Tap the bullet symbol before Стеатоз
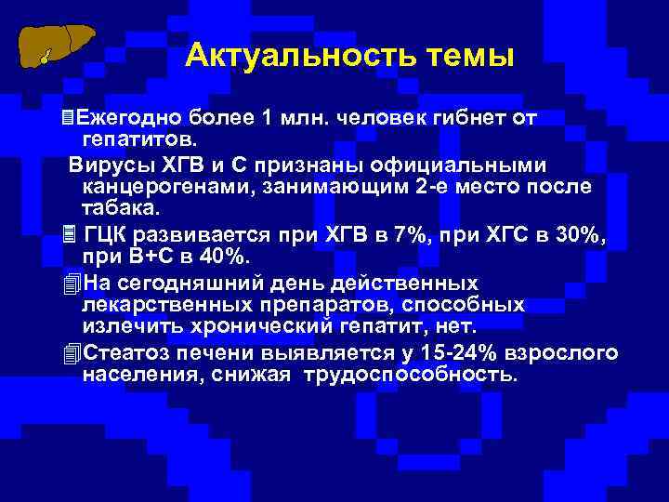pyautogui.click(x=65, y=353)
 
